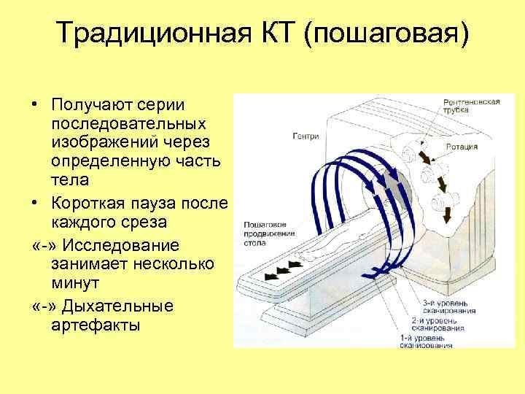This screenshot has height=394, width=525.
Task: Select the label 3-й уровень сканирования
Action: (449, 305)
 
